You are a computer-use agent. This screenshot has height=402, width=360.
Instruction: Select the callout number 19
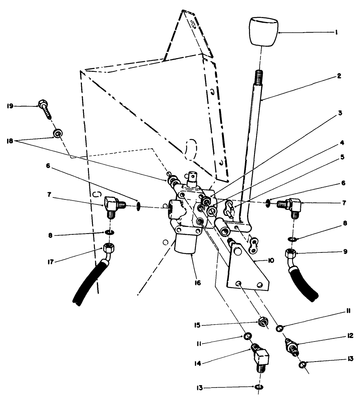coord(11,106)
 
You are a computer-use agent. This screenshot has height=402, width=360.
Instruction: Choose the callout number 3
coord(340,113)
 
